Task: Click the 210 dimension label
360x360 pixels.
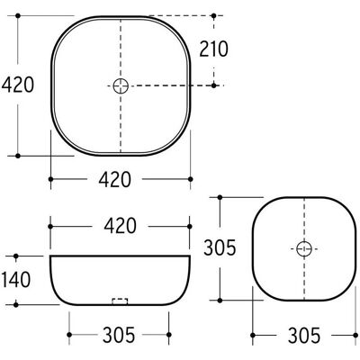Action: click(x=214, y=49)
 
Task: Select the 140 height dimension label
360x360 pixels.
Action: click(x=16, y=279)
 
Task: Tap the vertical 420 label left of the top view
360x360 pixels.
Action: click(x=18, y=85)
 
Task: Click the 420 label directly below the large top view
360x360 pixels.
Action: click(x=115, y=179)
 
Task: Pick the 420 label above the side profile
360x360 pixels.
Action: click(x=120, y=226)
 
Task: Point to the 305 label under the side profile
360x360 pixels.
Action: click(x=119, y=335)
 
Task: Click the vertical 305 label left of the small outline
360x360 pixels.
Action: click(x=220, y=248)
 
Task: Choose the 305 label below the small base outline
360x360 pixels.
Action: click(x=304, y=335)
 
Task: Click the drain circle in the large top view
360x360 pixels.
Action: click(x=121, y=86)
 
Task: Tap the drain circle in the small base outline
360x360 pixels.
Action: click(x=304, y=248)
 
